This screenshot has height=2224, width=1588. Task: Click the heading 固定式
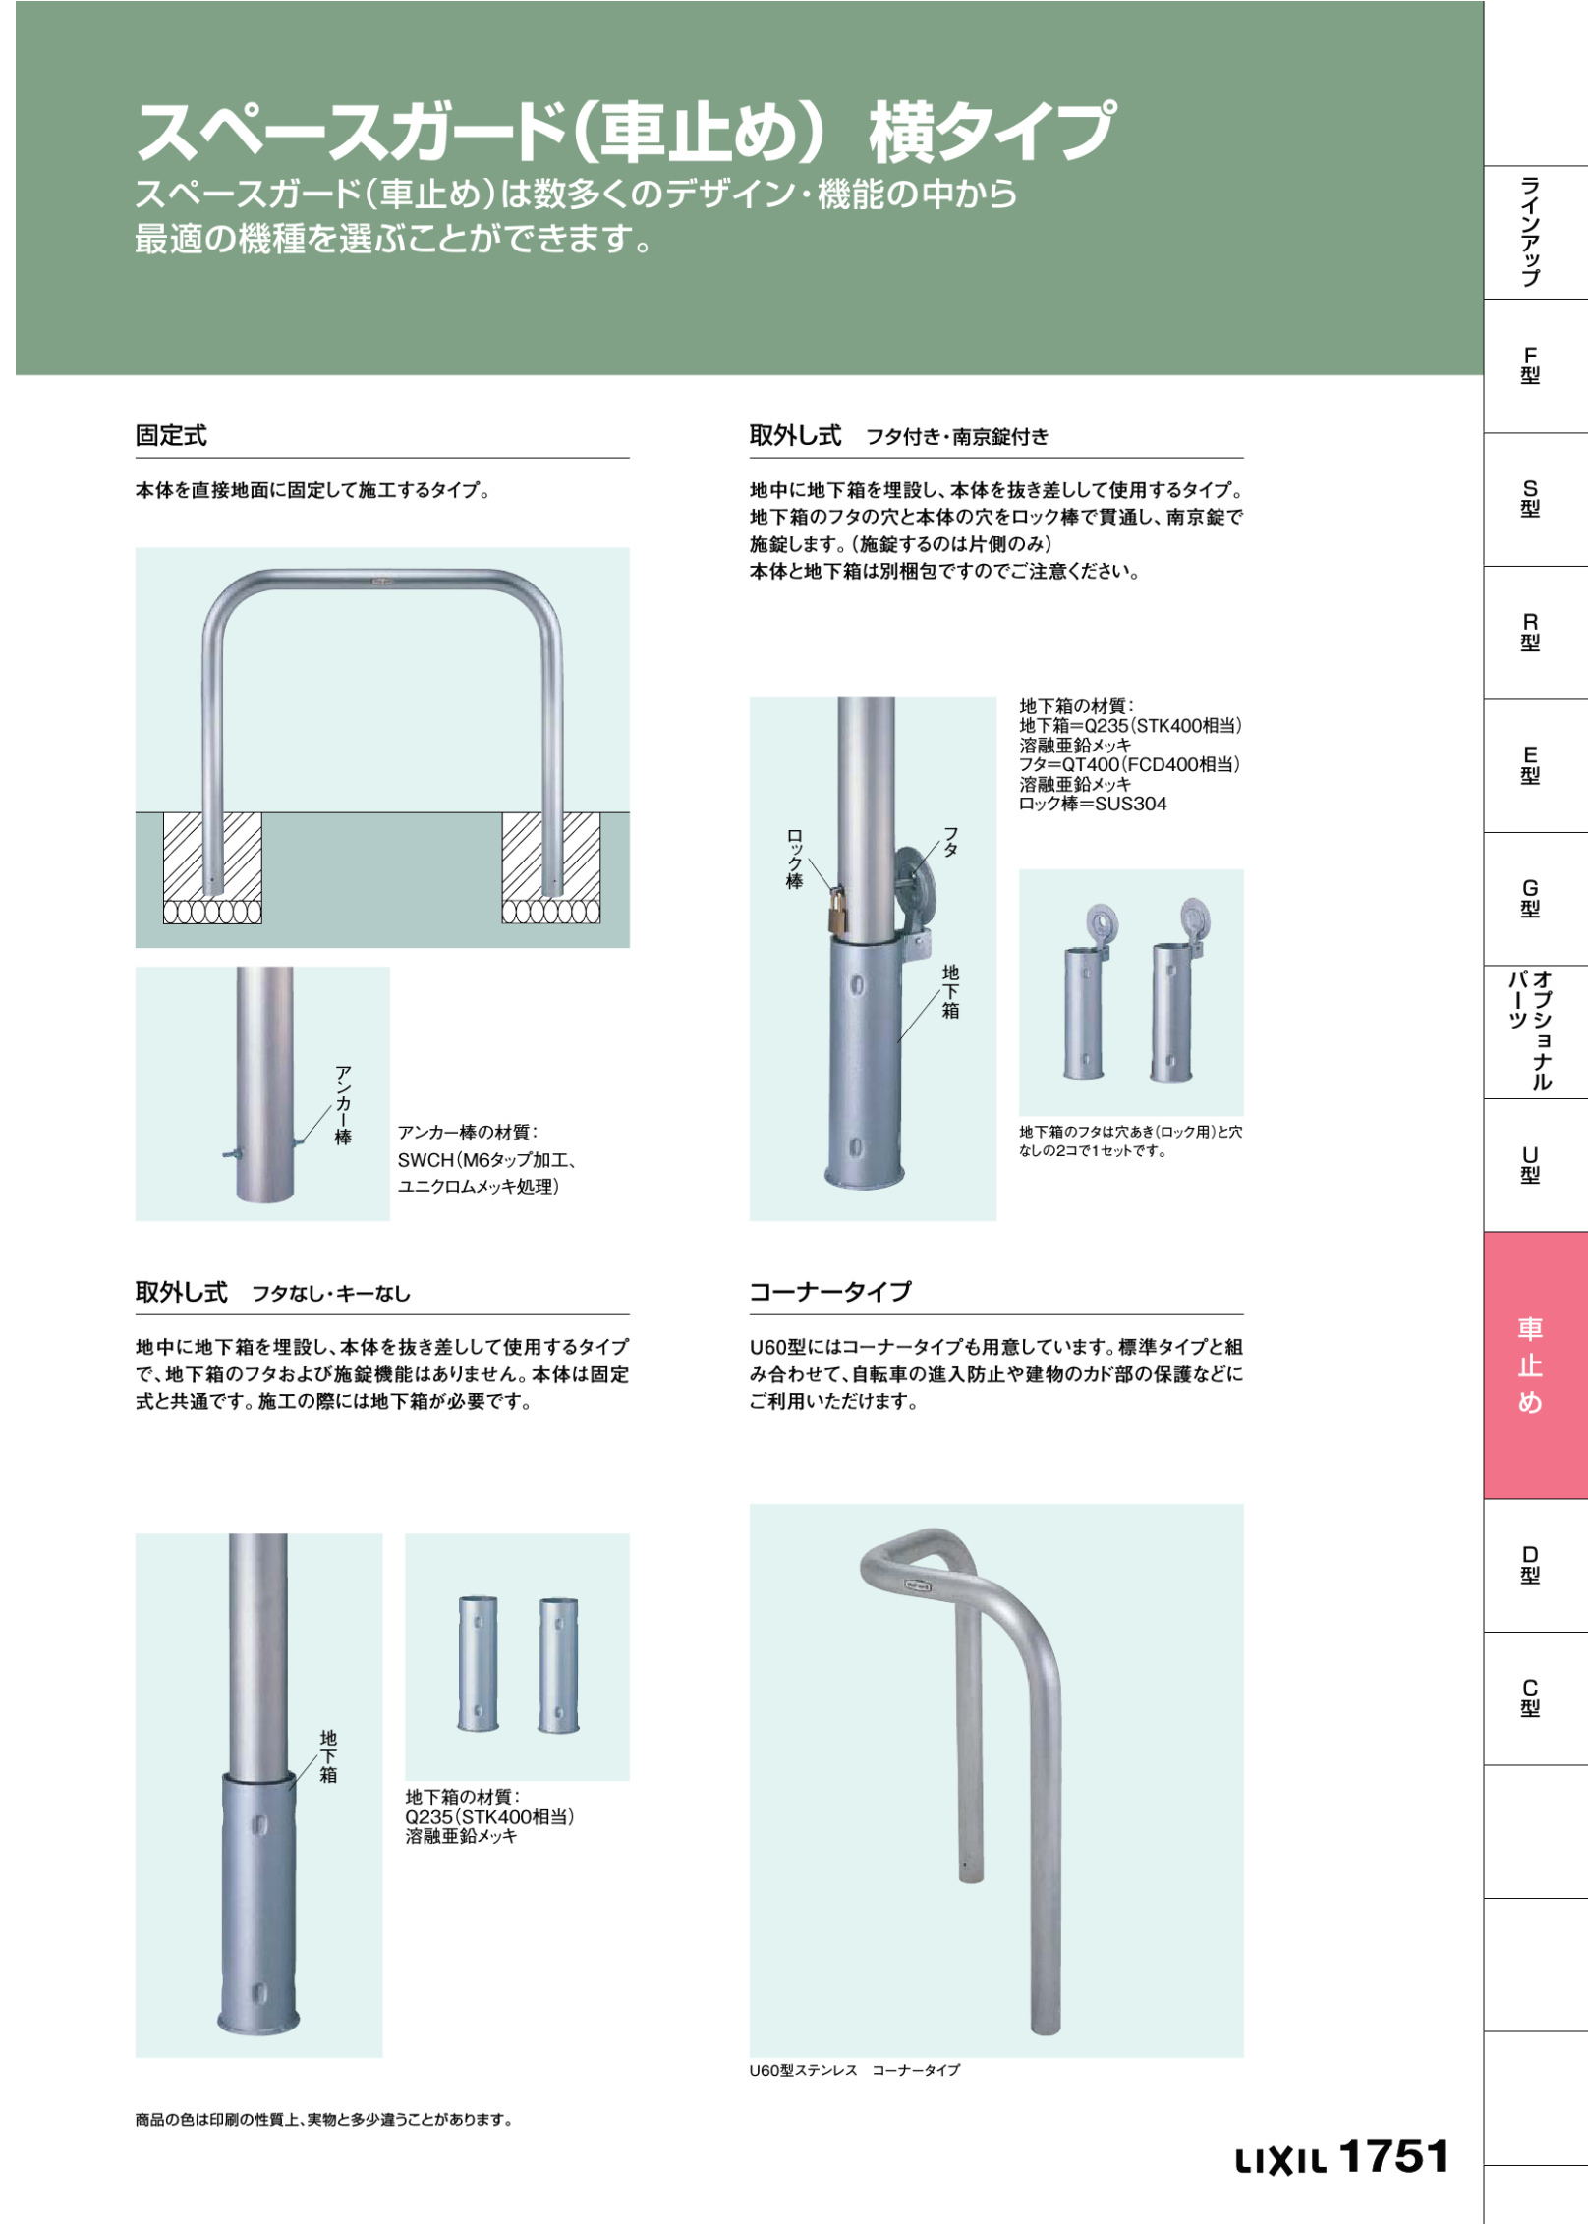pyautogui.click(x=171, y=435)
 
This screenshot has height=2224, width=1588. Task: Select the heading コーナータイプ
pyautogui.click(x=830, y=1292)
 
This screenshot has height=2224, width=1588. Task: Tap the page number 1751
pyautogui.click(x=1393, y=2155)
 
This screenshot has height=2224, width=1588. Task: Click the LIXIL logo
pyautogui.click(x=1280, y=2161)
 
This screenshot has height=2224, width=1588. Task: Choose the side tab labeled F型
pyautogui.click(x=1530, y=365)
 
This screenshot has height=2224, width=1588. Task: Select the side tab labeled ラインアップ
pyautogui.click(x=1530, y=232)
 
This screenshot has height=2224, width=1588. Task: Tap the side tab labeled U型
pyautogui.click(x=1530, y=1165)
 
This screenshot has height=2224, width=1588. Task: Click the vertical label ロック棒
pyautogui.click(x=794, y=859)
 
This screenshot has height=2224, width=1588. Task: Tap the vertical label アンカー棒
pyautogui.click(x=343, y=1105)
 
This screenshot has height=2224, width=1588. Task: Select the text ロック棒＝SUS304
pyautogui.click(x=1093, y=804)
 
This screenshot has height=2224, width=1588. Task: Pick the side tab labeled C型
pyautogui.click(x=1530, y=1698)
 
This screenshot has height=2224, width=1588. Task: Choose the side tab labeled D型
pyautogui.click(x=1530, y=1565)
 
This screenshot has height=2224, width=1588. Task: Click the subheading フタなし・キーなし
pyautogui.click(x=331, y=1294)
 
